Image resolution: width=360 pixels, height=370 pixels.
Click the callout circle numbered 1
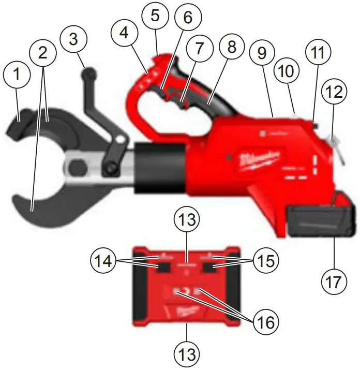point(18,75)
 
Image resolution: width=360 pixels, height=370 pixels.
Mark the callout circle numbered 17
point(334,282)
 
